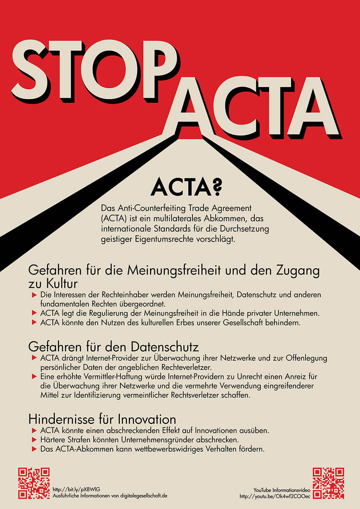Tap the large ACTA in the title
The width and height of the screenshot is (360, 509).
(252, 106)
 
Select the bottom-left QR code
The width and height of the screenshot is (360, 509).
(34, 483)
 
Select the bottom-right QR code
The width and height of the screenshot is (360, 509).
(328, 483)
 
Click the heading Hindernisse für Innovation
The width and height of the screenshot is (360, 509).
(102, 419)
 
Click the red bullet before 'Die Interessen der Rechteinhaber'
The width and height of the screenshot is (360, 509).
(34, 295)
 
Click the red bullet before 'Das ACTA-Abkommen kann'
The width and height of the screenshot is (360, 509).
(34, 449)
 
